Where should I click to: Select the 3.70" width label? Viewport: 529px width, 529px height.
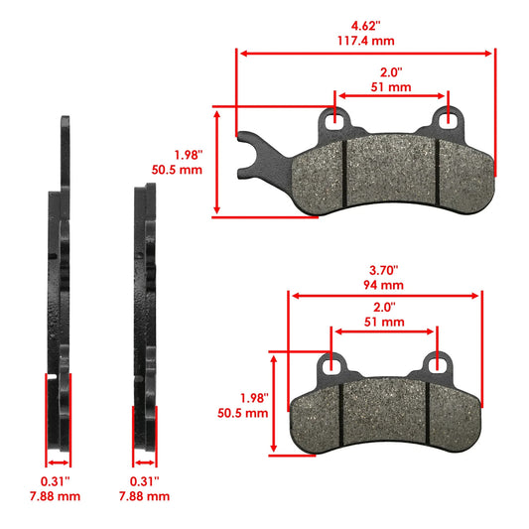(x=383, y=269)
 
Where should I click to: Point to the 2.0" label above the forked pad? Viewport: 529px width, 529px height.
(x=391, y=72)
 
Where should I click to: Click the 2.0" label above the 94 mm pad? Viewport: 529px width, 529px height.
(x=383, y=308)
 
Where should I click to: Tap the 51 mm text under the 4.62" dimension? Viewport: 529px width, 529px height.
(x=391, y=87)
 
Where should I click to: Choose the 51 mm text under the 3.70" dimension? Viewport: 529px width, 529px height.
(x=383, y=323)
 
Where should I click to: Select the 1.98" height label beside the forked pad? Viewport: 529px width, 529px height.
(x=188, y=155)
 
